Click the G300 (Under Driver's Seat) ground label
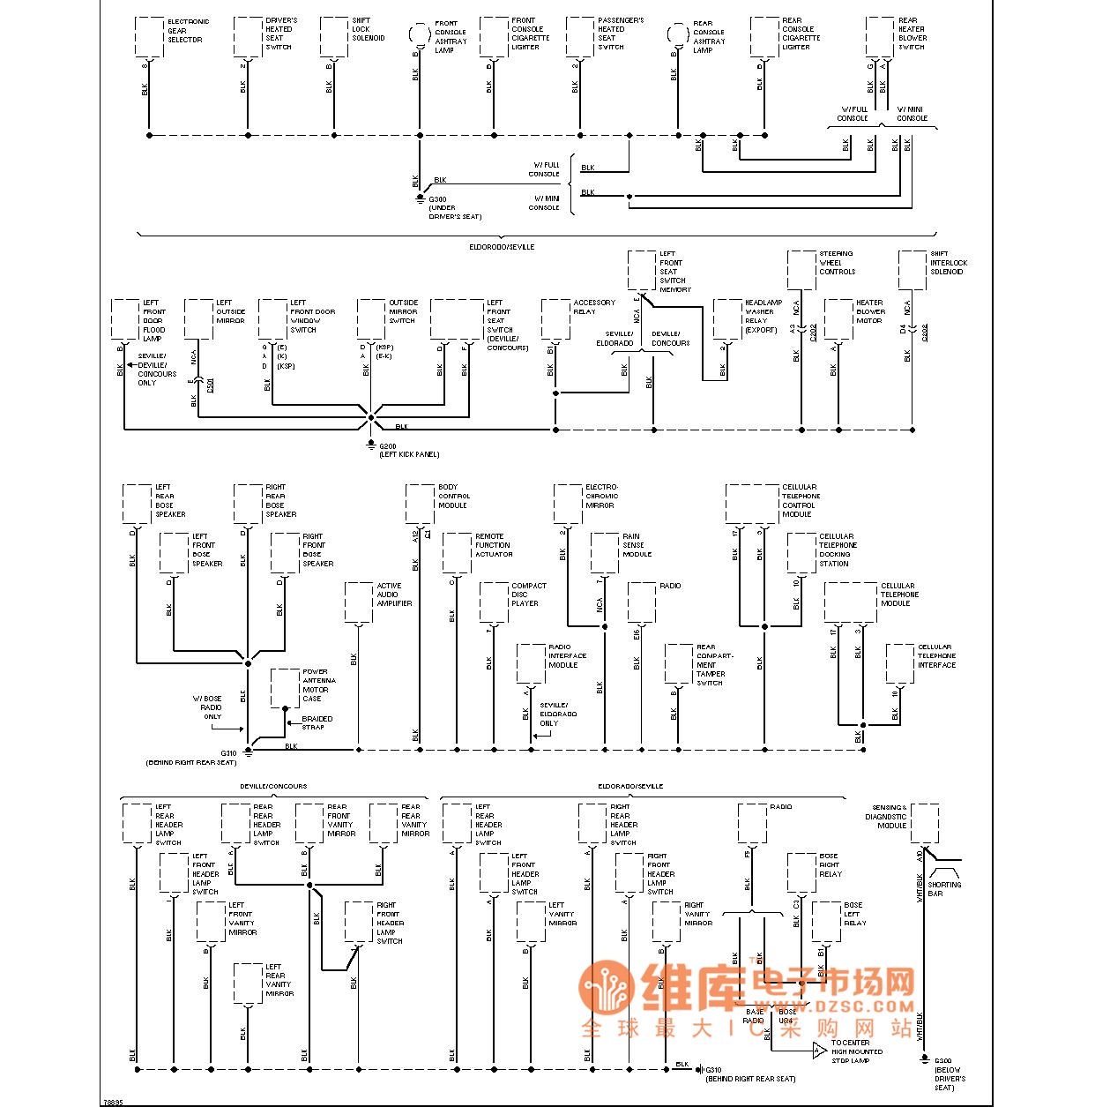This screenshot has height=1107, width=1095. tap(454, 208)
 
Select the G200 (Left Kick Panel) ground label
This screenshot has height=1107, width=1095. tap(408, 451)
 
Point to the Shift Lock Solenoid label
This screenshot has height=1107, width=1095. tap(368, 29)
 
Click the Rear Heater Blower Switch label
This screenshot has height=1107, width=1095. tap(912, 34)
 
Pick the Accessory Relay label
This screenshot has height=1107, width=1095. tap(594, 307)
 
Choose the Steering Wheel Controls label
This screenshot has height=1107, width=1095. tap(837, 263)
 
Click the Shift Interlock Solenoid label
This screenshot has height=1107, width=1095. tap(948, 263)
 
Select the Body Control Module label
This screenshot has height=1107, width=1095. tap(453, 496)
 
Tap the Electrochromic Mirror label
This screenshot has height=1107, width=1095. tap(601, 496)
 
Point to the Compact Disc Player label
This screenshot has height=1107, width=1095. tap(528, 595)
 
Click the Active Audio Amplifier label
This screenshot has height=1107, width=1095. tap(394, 595)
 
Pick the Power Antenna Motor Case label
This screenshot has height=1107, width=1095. tap(318, 685)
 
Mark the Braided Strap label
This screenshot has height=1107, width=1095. tap(317, 722)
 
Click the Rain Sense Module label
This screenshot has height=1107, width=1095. tap(637, 545)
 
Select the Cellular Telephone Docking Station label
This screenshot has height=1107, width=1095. tap(837, 550)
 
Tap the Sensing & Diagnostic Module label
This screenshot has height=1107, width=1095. tap(889, 816)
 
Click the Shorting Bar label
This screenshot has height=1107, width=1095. tap(943, 888)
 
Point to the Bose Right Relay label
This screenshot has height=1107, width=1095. tap(830, 864)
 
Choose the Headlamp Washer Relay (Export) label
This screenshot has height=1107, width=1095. tap(763, 316)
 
